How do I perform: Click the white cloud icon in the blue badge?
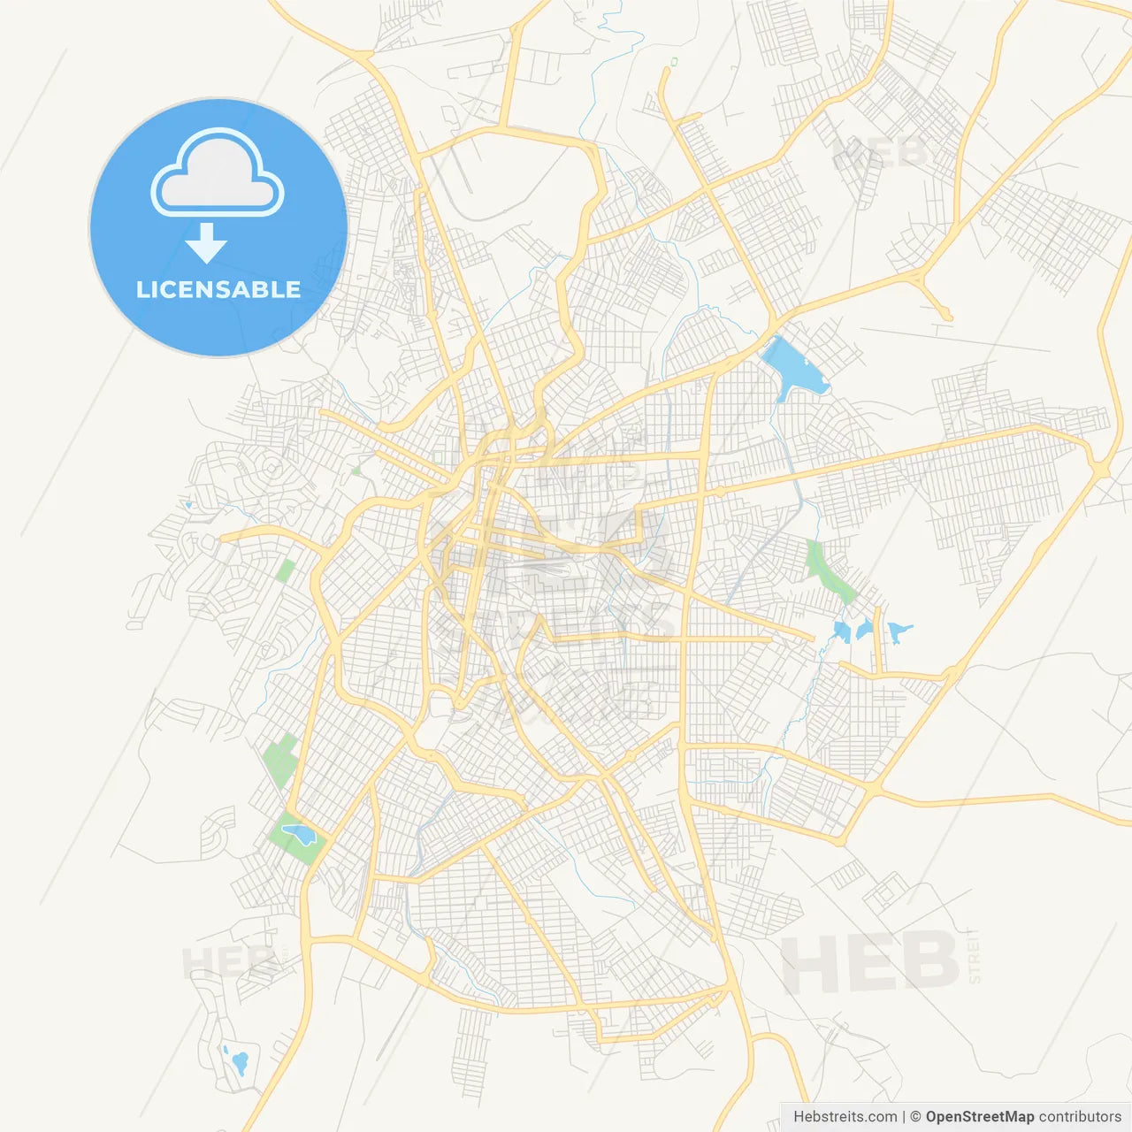tap(218, 174)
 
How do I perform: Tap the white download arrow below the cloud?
tap(206, 243)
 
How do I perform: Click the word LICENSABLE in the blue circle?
tap(218, 290)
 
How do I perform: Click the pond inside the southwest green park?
tap(297, 833)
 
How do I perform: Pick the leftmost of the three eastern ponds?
tap(842, 631)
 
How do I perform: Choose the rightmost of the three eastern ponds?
tap(899, 631)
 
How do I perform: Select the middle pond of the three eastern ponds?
tap(865, 630)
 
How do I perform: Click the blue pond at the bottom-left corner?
tap(238, 1060)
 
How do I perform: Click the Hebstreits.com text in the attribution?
tap(845, 1117)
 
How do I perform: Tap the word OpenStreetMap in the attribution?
tap(980, 1117)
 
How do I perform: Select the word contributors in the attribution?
tap(1080, 1117)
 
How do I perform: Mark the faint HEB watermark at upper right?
tap(880, 154)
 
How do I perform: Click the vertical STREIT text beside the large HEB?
tap(975, 956)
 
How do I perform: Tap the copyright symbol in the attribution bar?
tap(916, 1117)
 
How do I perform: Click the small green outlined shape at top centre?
tap(674, 62)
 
